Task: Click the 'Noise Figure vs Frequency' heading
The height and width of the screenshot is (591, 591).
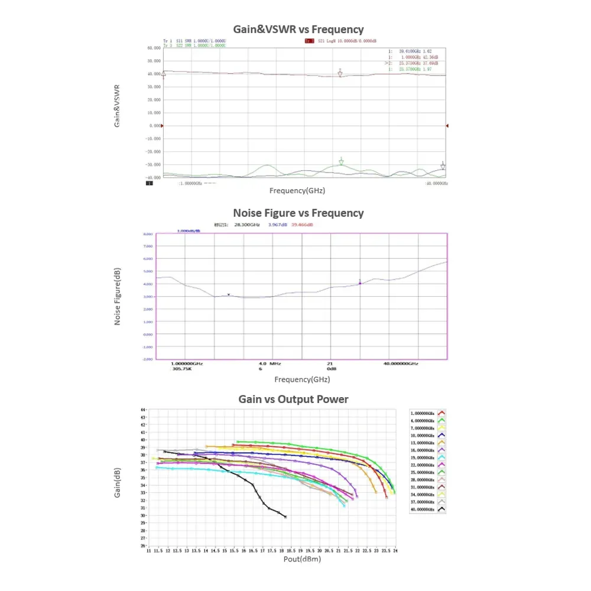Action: pyautogui.click(x=298, y=213)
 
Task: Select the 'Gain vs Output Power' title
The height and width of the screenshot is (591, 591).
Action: pyautogui.click(x=293, y=400)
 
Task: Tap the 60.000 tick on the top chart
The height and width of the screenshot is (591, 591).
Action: pyautogui.click(x=154, y=48)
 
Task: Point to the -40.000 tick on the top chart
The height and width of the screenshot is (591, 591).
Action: pyautogui.click(x=154, y=177)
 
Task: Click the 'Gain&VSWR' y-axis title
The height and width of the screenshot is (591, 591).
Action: pyautogui.click(x=117, y=106)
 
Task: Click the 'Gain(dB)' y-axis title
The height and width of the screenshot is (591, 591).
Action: pyautogui.click(x=117, y=482)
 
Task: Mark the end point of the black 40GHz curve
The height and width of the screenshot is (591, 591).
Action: pyautogui.click(x=285, y=517)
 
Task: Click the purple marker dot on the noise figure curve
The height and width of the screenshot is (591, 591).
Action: pyautogui.click(x=360, y=283)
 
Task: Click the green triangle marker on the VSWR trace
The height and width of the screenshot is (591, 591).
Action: pyautogui.click(x=341, y=161)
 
